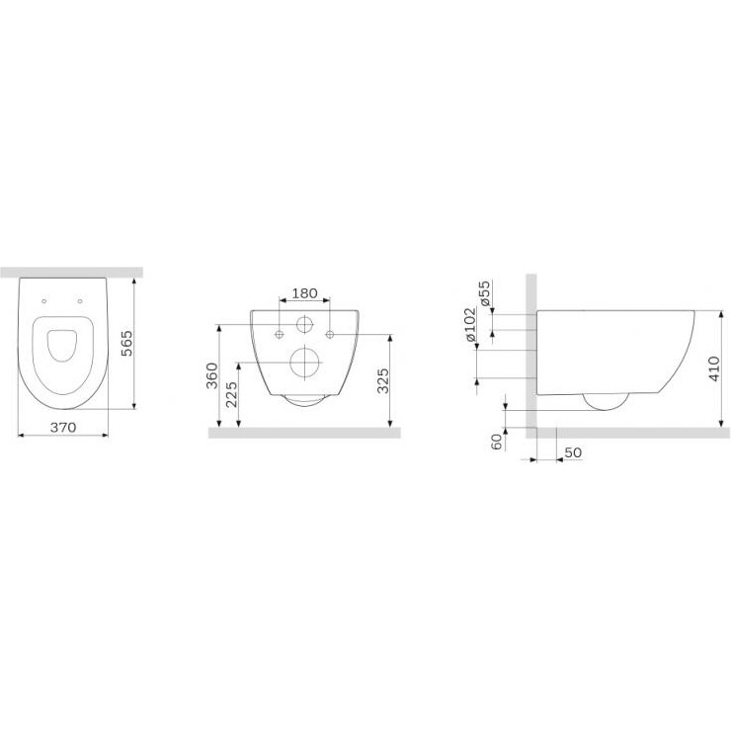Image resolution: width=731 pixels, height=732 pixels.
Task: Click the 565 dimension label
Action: pos(126,343)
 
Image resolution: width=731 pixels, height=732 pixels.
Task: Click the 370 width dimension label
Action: pos(62,427)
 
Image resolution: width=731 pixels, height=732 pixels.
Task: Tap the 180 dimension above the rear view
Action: pos(304,293)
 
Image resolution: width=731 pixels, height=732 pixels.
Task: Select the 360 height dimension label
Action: pos(211,375)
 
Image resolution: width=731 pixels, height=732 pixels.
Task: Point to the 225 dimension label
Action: pos(231,394)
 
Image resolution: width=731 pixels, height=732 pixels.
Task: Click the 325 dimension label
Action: pos(382,381)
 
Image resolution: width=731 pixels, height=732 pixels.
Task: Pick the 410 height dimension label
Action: pos(714,368)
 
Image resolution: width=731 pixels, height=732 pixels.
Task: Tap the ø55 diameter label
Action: pos(485,292)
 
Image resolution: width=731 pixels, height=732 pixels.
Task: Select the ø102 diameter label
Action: pos(469,324)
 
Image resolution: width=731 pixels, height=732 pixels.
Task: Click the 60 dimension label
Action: pos(497,442)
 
